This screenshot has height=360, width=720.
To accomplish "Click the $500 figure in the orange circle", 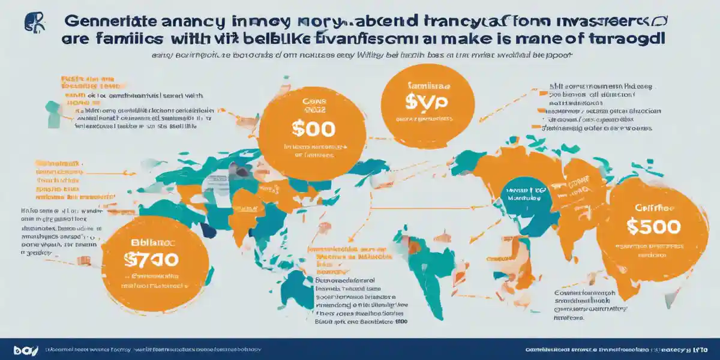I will (x=653, y=226).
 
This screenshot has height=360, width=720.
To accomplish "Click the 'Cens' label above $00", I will (x=313, y=101).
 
